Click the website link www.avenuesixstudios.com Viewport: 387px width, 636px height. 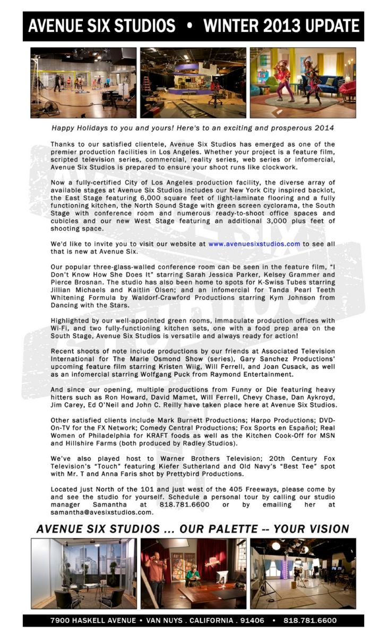pyautogui.click(x=254, y=244)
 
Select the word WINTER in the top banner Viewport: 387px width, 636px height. pyautogui.click(x=235, y=25)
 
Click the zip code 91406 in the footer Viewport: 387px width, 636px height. pyautogui.click(x=250, y=620)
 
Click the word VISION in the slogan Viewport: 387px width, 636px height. pyautogui.click(x=324, y=529)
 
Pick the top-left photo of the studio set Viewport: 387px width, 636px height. pyautogui.click(x=83, y=83)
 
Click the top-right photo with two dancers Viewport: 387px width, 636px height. pyautogui.click(x=303, y=83)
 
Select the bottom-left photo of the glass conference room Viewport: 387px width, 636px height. pyautogui.click(x=83, y=573)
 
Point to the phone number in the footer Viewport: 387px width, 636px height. pyautogui.click(x=309, y=620)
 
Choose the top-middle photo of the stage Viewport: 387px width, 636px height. pyautogui.click(x=193, y=83)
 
